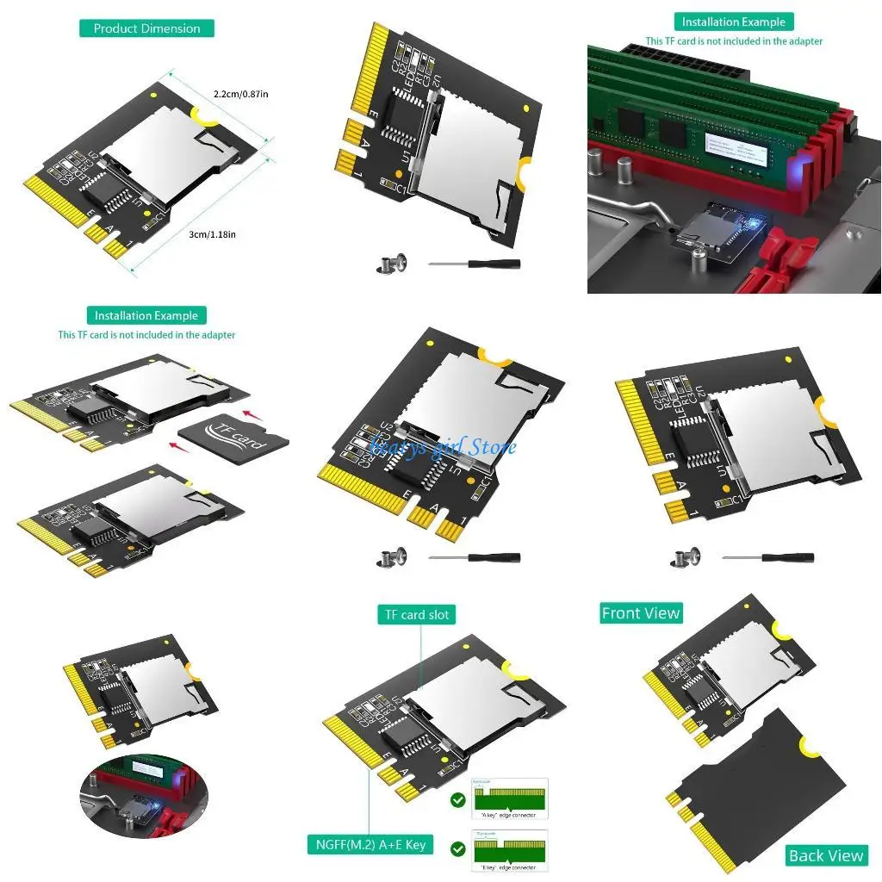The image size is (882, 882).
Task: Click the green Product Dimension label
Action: [x=146, y=28]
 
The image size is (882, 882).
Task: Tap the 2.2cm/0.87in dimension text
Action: [x=241, y=94]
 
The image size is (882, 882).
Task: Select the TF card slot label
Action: [x=417, y=614]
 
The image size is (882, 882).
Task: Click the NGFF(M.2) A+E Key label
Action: [x=369, y=844]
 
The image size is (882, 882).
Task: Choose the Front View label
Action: [x=641, y=613]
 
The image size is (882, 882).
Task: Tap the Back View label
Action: [x=826, y=855]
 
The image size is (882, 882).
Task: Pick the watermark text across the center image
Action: [x=441, y=446]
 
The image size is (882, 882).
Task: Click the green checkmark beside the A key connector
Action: [x=458, y=800]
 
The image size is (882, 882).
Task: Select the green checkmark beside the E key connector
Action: [x=458, y=849]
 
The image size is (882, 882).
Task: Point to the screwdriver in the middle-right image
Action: [x=767, y=558]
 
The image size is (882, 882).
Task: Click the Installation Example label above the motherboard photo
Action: [x=734, y=22]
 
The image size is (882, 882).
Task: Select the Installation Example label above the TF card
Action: [x=146, y=315]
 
